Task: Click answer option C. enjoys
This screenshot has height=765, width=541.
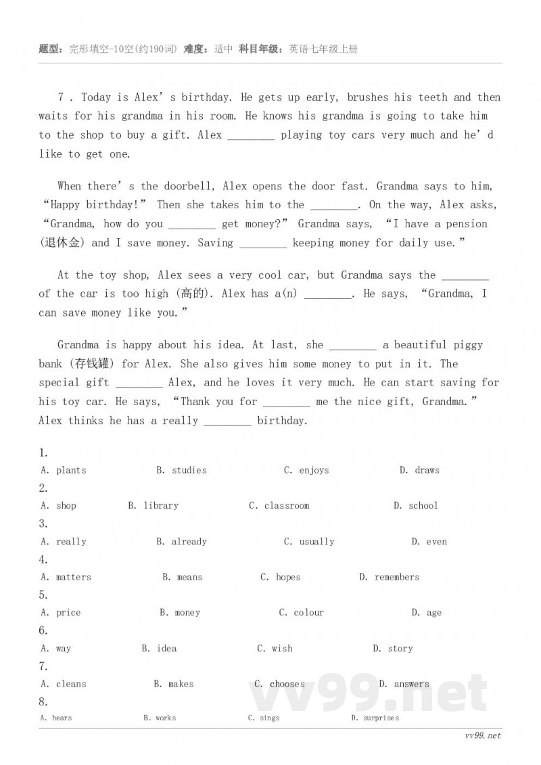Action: coord(306,470)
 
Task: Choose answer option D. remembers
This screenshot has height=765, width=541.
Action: coord(390,577)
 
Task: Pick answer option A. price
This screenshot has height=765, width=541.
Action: coord(61,612)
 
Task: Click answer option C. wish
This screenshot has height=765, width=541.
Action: coord(275,648)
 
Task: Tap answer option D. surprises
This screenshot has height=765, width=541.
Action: coord(375,718)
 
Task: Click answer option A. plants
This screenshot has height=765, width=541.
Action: coord(64,470)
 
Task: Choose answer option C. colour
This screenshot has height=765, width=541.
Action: coord(302,612)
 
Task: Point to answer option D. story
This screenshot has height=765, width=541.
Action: coord(393,648)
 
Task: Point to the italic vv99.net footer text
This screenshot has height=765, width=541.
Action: coord(483,735)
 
